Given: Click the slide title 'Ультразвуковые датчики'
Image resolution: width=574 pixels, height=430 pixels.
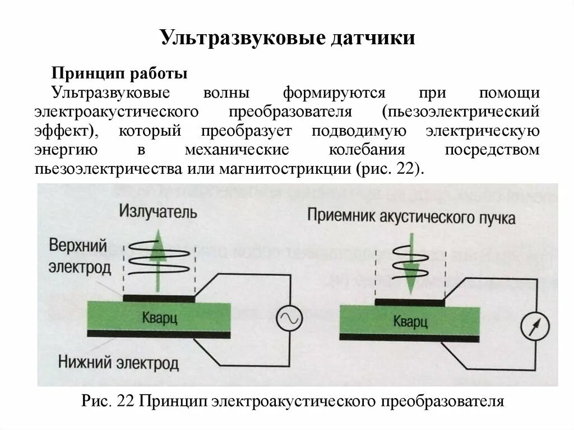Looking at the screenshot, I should [287, 39].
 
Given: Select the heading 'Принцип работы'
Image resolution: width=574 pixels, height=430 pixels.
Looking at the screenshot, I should [119, 73].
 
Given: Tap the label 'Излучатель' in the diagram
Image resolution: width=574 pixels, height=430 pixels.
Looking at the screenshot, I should [158, 212].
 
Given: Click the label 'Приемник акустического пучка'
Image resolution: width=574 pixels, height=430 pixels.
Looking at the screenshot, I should [411, 216].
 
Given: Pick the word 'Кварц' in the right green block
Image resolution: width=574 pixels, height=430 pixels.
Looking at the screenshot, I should [410, 322].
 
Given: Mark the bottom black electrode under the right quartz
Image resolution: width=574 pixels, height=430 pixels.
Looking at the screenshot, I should [409, 337].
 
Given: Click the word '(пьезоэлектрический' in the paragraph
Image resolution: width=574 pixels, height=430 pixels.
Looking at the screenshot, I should [461, 111].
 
